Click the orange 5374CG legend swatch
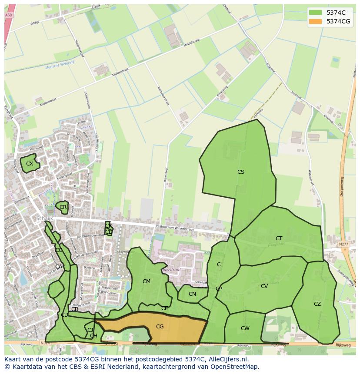[x=315, y=21]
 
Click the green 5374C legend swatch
[x=315, y=12]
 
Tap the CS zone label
[x=240, y=172]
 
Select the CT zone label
[x=279, y=238]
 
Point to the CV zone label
[x=264, y=286]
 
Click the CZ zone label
[x=317, y=304]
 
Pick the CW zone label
[x=245, y=328]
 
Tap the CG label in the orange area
[x=160, y=327]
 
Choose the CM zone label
[x=147, y=281]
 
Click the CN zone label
[x=192, y=294]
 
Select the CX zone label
[x=30, y=164]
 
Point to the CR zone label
[x=63, y=207]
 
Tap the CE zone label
[x=165, y=308]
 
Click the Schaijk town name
[x=45, y=218]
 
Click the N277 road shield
[x=343, y=245]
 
